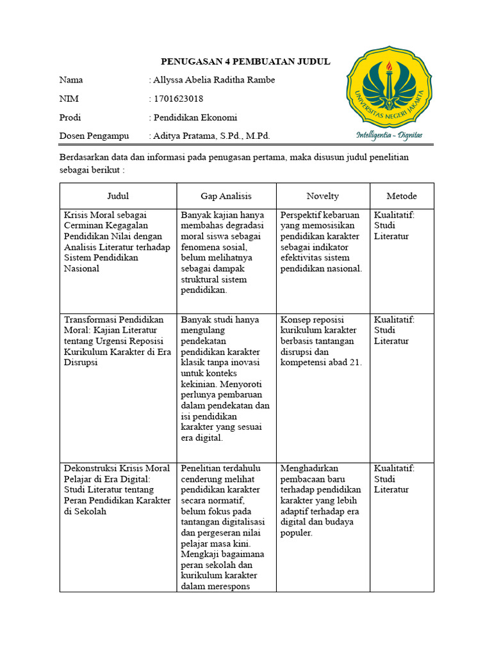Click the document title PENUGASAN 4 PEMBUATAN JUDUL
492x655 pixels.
coord(245,61)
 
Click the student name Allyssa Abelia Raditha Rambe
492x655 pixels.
coord(214,80)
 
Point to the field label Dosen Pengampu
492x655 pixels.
coord(94,136)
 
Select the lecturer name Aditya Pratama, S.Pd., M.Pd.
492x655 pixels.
coord(211,136)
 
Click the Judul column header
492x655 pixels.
coord(118,196)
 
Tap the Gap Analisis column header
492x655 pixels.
coord(226,196)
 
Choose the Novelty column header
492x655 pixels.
coord(323,196)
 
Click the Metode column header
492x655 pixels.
coord(402,196)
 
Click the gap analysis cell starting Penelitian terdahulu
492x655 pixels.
coord(225,527)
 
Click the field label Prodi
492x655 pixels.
coord(70,117)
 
